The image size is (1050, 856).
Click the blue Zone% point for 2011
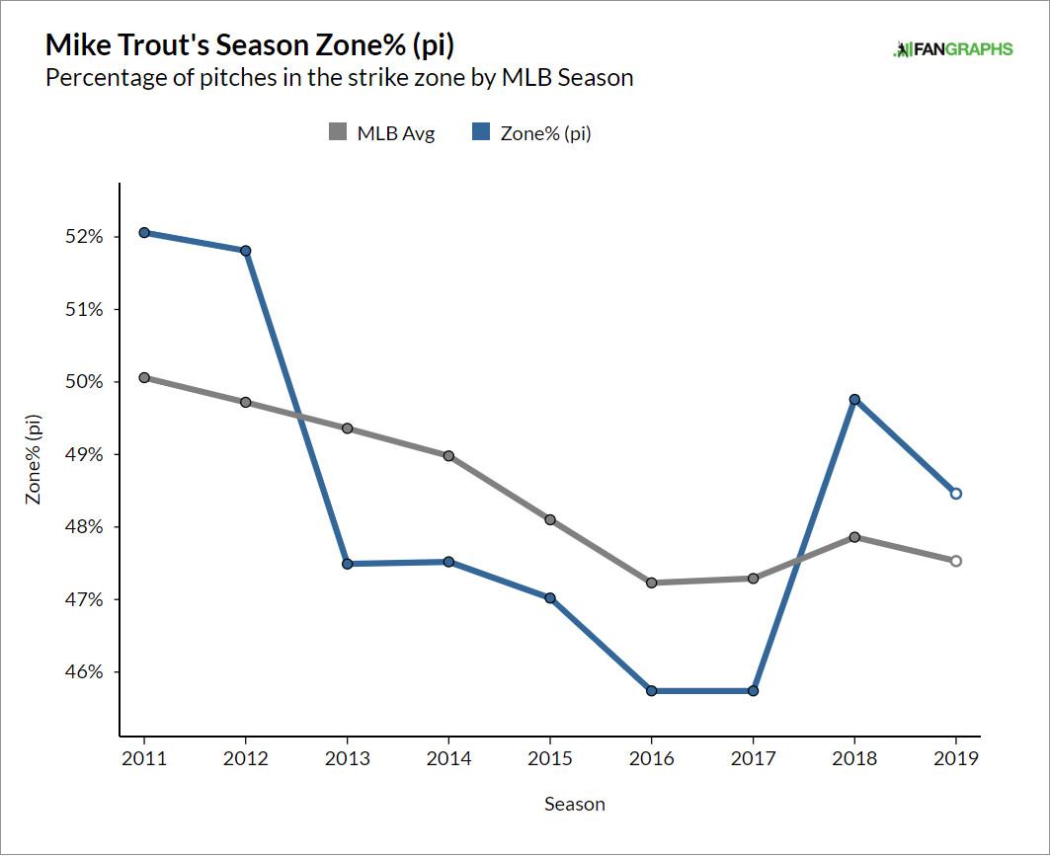pos(144,233)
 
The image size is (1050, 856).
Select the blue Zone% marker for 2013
pos(347,564)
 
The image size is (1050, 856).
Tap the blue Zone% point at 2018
pos(854,400)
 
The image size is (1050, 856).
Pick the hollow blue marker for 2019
pos(956,494)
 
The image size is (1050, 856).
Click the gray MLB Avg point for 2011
pos(144,377)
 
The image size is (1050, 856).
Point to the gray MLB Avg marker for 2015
pos(549,519)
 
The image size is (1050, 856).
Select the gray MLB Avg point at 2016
pos(651,583)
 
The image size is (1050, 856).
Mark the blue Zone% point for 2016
pos(651,691)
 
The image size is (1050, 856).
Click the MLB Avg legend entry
pos(382,133)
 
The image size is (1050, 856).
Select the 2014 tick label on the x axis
pos(448,758)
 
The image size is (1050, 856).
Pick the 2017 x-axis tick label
pos(753,758)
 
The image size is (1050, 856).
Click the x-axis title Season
pos(574,804)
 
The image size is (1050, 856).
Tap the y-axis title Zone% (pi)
pos(34,460)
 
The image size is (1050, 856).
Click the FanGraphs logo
pos(952,49)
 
